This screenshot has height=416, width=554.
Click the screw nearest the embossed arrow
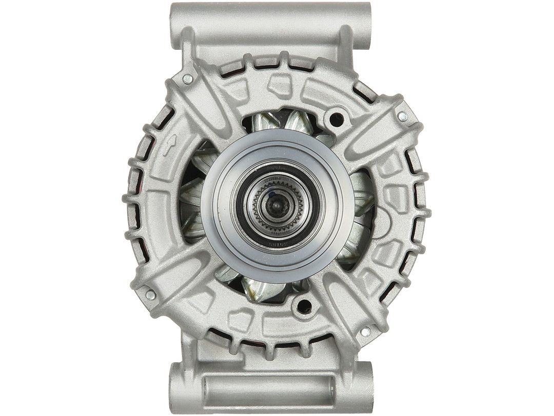(188, 78)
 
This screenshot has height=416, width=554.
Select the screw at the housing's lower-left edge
(150, 295)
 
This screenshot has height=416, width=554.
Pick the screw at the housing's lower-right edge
(365, 332)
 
